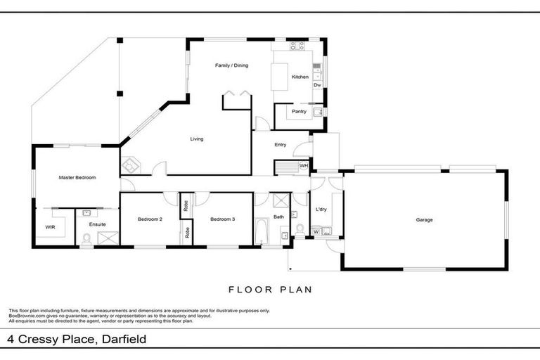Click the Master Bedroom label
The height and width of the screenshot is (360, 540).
click(x=77, y=178)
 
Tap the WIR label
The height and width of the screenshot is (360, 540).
click(x=49, y=228)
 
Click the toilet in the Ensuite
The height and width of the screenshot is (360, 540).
click(x=86, y=240)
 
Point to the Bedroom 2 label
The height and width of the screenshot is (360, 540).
click(x=150, y=219)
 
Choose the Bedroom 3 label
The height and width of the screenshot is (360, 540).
click(x=222, y=219)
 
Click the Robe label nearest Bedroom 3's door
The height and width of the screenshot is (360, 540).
click(x=186, y=206)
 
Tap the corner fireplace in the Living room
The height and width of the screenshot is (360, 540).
click(x=131, y=166)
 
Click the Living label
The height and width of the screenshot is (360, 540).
click(x=197, y=139)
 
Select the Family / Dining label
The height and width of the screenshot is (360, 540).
click(x=231, y=65)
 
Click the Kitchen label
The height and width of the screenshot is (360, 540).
click(x=300, y=77)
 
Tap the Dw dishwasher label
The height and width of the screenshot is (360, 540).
click(x=317, y=85)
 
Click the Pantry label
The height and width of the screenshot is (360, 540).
click(x=299, y=111)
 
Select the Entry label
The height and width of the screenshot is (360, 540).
click(x=281, y=145)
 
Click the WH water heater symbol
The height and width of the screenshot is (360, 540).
click(x=303, y=166)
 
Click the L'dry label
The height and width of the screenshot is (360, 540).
click(x=321, y=210)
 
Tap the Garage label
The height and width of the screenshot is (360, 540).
click(x=424, y=220)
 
